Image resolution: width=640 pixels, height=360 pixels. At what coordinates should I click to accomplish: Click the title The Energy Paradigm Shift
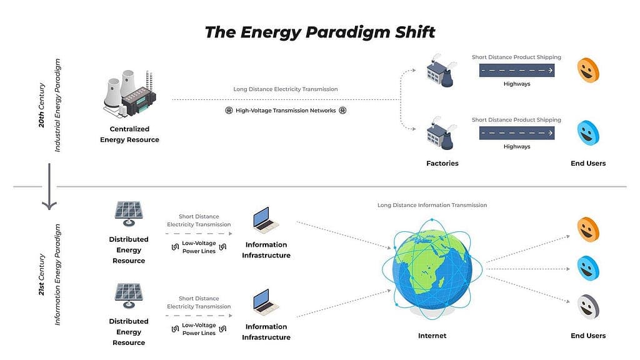tap(319, 32)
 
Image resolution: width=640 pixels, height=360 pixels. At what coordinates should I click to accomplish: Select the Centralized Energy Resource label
tap(129, 134)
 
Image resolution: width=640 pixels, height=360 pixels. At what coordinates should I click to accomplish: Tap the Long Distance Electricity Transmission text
tap(285, 89)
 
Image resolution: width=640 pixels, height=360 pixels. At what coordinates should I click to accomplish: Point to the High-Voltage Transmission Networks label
tap(285, 111)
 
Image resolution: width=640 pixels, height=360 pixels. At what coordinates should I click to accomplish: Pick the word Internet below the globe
tap(432, 336)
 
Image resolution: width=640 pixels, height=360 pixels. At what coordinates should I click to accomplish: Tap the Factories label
tap(442, 163)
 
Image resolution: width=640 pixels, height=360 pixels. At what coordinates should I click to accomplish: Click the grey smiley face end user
tap(587, 307)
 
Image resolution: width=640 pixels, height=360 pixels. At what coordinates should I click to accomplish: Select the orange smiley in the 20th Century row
tap(587, 70)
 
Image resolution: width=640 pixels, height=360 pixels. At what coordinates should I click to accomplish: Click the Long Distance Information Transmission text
tap(432, 205)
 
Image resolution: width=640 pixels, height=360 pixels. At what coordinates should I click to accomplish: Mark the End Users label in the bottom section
tap(587, 336)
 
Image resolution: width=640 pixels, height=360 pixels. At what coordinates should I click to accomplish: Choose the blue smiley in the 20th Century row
tap(587, 133)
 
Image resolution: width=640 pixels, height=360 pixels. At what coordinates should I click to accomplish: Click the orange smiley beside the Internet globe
tap(587, 229)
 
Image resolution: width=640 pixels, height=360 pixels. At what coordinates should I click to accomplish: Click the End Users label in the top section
tap(587, 163)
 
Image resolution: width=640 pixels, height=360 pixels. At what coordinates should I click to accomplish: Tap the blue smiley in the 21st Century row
tap(587, 268)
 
